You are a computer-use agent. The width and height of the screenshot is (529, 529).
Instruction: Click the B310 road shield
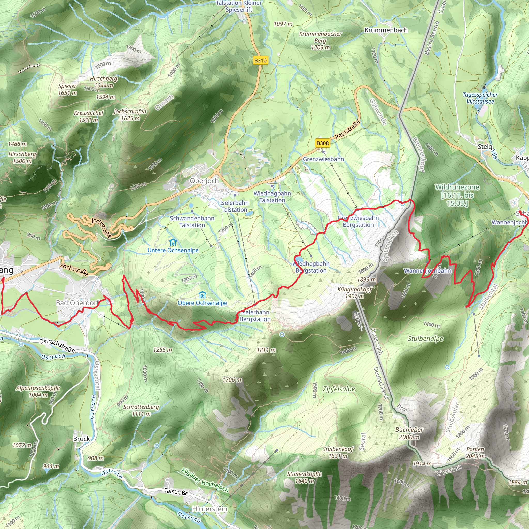coord(260,60)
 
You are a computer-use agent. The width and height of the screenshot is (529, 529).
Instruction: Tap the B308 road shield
coord(322,143)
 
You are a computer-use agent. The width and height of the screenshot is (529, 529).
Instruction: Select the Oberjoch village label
coord(204,181)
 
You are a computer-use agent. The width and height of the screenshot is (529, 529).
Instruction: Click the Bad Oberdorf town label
coord(77,302)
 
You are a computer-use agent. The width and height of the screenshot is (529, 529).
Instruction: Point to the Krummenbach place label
coord(386,30)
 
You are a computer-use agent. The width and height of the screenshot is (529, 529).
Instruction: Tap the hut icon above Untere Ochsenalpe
coord(173,243)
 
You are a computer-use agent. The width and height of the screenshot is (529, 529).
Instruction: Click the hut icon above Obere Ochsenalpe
coord(202,295)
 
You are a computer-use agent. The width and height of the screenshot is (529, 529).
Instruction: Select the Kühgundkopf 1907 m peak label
coord(355,293)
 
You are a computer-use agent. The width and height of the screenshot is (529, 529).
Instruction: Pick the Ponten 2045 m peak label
coord(475,453)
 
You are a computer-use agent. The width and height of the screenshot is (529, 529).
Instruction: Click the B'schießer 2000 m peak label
coord(409,433)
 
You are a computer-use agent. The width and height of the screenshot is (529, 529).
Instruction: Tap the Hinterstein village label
coord(209,509)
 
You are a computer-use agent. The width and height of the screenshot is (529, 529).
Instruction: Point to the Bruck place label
coord(81,439)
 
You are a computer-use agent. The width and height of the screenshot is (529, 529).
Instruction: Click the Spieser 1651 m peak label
coord(67,89)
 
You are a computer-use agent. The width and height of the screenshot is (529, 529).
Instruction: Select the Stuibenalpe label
coord(425,339)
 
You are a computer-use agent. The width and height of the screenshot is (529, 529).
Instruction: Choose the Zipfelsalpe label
coord(339,389)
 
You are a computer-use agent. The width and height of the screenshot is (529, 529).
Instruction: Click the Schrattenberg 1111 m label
coord(141,410)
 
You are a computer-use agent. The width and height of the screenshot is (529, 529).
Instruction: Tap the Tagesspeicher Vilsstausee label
coord(480,98)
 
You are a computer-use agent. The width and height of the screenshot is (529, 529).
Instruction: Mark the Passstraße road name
coord(347,129)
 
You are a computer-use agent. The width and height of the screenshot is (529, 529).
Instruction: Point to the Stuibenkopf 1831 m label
coord(338,453)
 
